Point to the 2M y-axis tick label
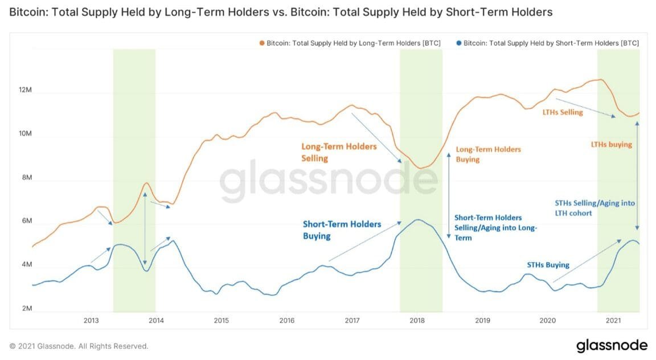pyautogui.click(x=25, y=308)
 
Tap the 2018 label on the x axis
pyautogui.click(x=417, y=320)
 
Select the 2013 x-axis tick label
pyautogui.click(x=91, y=320)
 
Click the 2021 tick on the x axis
pyautogui.click(x=613, y=320)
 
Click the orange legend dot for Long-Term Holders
pyautogui.click(x=261, y=43)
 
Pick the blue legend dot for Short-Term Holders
pyautogui.click(x=458, y=43)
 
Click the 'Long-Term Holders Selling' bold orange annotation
pyautogui.click(x=339, y=152)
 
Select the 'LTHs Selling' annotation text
pyautogui.click(x=563, y=112)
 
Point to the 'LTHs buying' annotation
pyautogui.click(x=612, y=145)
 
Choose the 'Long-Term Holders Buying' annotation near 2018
pyautogui.click(x=488, y=154)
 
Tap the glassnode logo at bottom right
pyautogui.click(x=612, y=346)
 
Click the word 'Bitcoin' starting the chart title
pyautogui.click(x=26, y=12)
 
